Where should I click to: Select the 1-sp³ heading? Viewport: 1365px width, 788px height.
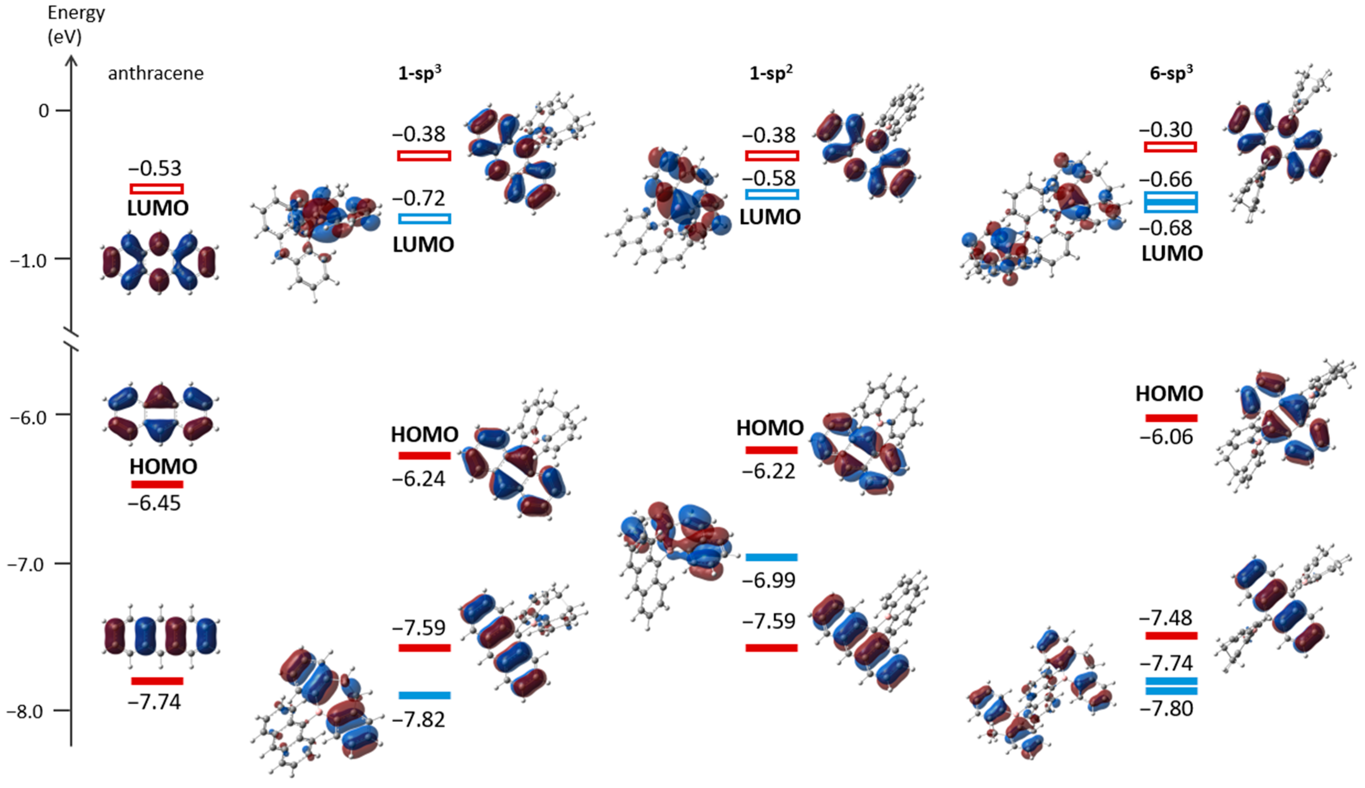[420, 73]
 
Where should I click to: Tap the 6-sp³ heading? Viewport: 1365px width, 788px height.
[1171, 73]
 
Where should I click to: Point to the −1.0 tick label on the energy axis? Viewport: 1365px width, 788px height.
[32, 260]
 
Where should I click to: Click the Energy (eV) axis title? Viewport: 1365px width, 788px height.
[76, 24]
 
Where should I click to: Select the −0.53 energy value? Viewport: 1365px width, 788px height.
[155, 168]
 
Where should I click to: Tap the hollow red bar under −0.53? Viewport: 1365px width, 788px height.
[157, 189]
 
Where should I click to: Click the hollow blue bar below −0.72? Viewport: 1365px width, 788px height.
[424, 219]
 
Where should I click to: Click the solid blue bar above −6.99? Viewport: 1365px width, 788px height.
[771, 557]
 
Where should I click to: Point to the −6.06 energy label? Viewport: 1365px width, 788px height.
[1166, 437]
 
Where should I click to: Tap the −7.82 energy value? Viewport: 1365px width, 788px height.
[419, 720]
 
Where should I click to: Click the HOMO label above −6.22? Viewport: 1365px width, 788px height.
[769, 428]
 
